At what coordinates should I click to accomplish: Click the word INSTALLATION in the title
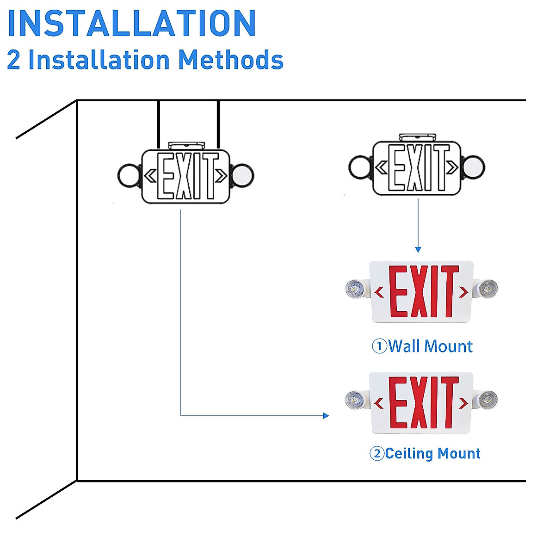[132, 23]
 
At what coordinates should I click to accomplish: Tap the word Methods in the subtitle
[231, 60]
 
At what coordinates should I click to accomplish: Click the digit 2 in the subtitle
[13, 60]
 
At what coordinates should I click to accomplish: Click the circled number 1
[380, 346]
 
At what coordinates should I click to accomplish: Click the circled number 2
[377, 453]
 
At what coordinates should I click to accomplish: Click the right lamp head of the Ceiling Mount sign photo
[486, 400]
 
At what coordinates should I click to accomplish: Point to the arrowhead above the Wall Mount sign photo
[418, 249]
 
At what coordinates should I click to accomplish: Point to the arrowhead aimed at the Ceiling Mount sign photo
[326, 416]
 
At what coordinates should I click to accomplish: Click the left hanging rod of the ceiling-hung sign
[159, 125]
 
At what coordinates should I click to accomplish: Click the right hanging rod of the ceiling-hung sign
[218, 125]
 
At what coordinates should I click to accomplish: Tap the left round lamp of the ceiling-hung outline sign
[129, 175]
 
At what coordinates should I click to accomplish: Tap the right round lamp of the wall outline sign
[474, 167]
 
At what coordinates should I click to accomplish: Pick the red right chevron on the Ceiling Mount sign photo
[463, 403]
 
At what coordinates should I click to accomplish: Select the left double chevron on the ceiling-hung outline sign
[150, 176]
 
